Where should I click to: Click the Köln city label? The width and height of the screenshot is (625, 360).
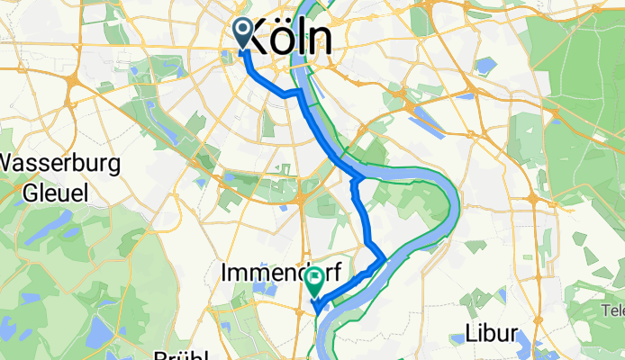(x=285, y=39)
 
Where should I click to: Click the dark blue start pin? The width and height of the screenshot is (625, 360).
(x=243, y=34)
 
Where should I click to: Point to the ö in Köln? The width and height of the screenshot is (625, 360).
(x=285, y=39)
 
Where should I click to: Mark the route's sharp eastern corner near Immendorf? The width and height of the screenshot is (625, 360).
(x=385, y=258)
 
